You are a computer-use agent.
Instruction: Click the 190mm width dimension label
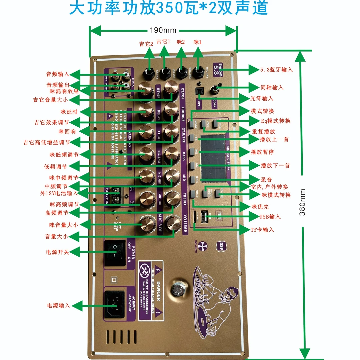163,30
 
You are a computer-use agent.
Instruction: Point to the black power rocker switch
115,253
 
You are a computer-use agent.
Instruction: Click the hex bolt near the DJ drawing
178,288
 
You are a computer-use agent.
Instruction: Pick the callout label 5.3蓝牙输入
276,70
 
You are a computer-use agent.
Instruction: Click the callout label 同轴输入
272,87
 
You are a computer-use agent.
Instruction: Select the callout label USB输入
270,217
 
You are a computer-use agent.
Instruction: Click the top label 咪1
198,42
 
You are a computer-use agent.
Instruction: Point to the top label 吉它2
146,44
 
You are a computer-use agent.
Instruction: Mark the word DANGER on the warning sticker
159,291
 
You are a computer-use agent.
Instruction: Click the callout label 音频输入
57,74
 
